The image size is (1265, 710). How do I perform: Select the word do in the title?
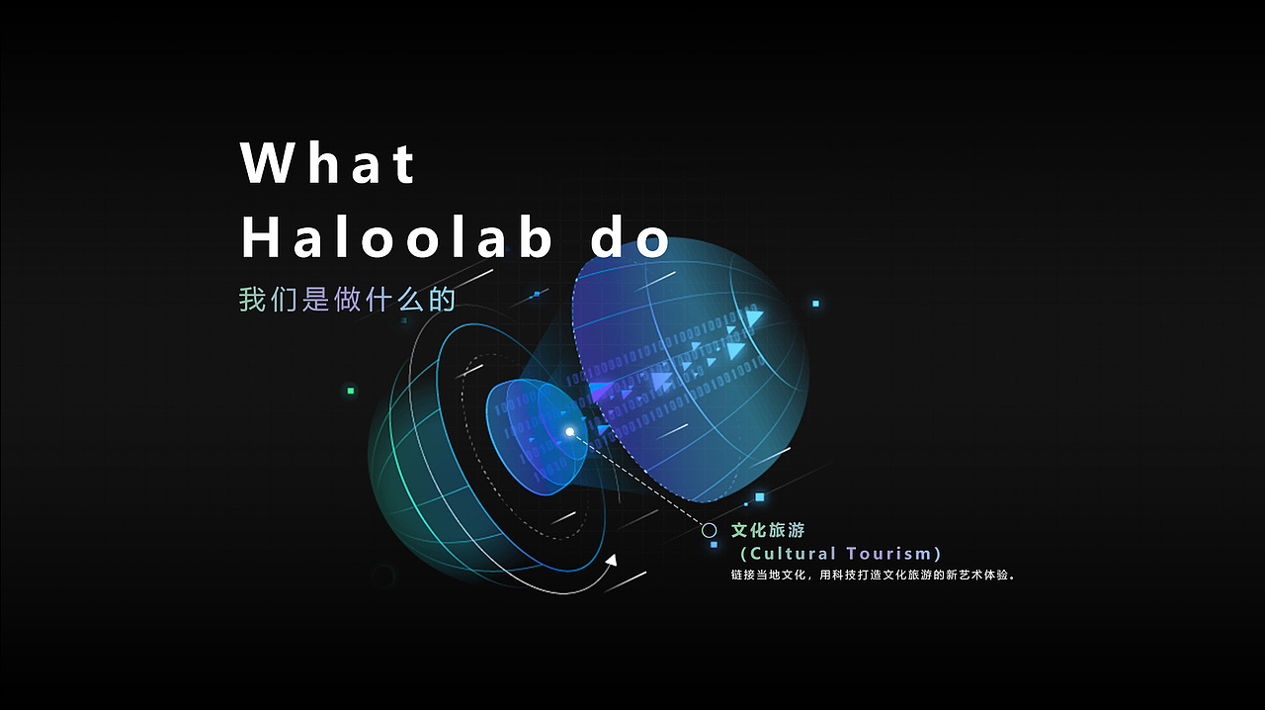(x=631, y=240)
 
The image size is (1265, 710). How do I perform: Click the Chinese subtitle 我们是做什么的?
(x=347, y=299)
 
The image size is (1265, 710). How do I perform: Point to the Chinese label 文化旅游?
(x=768, y=531)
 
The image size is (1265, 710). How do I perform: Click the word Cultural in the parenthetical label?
(x=794, y=554)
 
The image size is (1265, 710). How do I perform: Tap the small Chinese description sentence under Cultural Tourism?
(x=874, y=575)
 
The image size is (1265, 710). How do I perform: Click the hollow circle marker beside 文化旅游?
(x=709, y=531)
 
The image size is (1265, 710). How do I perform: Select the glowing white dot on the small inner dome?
(x=570, y=432)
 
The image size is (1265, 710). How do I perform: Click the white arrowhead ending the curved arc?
(x=611, y=561)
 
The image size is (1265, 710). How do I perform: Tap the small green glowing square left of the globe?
(x=350, y=392)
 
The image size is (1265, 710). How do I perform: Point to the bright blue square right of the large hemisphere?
(x=815, y=304)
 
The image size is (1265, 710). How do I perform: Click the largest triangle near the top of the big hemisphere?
(x=755, y=318)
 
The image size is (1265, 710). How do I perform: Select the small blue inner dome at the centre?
(x=534, y=435)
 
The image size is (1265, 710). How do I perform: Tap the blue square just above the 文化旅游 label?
(x=759, y=497)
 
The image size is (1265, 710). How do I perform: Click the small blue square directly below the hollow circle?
(x=714, y=545)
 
